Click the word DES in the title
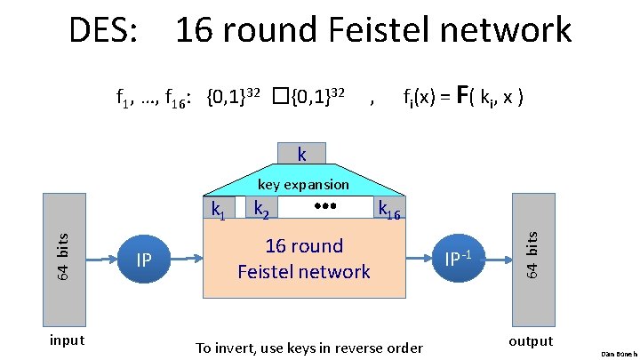click(102, 30)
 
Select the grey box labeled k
click(302, 155)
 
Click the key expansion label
click(303, 184)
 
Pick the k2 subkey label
click(261, 210)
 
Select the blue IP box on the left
click(144, 260)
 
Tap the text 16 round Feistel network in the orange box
click(303, 259)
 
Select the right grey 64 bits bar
click(532, 252)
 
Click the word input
click(67, 340)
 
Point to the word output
click(531, 341)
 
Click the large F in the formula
click(463, 93)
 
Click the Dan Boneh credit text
click(620, 354)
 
